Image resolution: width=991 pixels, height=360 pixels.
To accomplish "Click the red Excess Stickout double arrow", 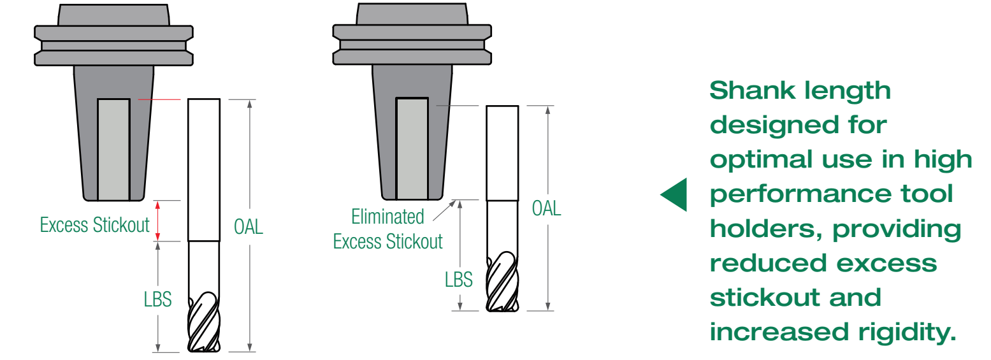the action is click(157, 220).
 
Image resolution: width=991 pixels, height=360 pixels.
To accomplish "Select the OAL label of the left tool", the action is click(248, 227).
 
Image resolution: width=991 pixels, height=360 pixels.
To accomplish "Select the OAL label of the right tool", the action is click(546, 208).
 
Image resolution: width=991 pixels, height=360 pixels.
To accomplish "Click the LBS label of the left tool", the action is click(157, 299).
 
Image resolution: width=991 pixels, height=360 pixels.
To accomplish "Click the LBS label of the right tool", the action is click(458, 280).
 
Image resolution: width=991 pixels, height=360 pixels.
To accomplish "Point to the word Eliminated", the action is click(387, 217).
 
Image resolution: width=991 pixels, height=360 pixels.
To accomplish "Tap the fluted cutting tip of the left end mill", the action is click(204, 322).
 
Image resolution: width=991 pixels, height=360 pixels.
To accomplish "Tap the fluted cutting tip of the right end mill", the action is click(502, 282).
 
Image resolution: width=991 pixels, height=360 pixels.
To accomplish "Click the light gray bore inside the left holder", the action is click(113, 150).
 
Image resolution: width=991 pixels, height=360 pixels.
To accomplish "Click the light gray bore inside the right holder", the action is click(412, 148).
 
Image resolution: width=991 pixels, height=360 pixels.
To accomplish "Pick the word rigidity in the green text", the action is click(907, 333).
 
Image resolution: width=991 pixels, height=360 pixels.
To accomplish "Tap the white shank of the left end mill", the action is click(204, 170).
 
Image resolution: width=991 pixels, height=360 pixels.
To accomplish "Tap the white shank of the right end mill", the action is click(502, 153).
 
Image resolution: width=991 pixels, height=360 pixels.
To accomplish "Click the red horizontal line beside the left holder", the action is click(159, 99).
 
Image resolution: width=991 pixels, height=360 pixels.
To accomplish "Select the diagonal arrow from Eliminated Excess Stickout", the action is click(444, 210).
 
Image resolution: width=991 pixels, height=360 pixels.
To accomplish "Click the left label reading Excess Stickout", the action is click(95, 225).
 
